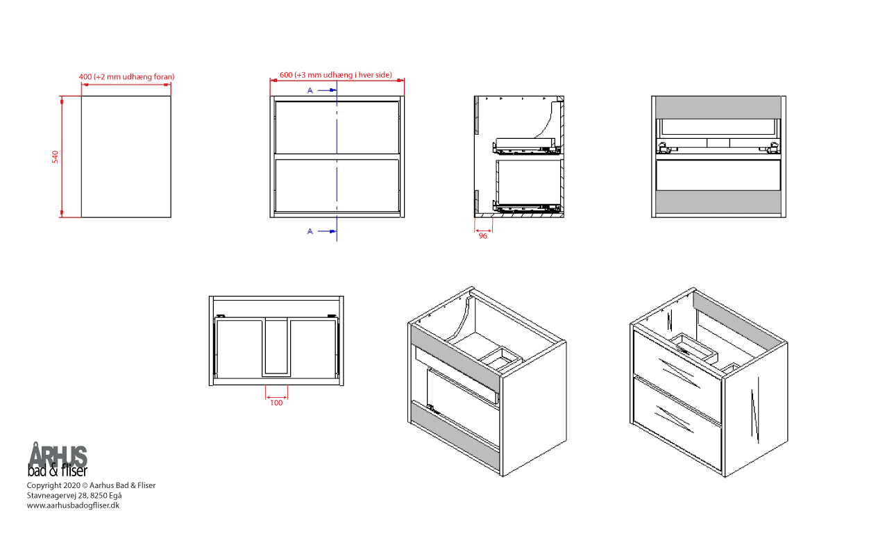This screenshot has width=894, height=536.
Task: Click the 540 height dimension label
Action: (x=55, y=157)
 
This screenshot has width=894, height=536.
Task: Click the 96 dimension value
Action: (x=483, y=236)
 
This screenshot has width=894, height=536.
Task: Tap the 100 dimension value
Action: (x=276, y=403)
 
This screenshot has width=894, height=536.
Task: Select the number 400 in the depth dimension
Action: (x=85, y=76)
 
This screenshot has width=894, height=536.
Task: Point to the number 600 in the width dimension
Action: (x=286, y=75)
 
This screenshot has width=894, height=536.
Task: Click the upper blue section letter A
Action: (x=310, y=90)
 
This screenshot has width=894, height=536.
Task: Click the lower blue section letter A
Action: (x=310, y=231)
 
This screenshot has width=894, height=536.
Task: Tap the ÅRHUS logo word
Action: (x=58, y=455)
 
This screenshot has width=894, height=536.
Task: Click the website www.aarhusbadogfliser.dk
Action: (x=73, y=505)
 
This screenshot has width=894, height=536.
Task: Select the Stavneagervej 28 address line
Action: (x=74, y=495)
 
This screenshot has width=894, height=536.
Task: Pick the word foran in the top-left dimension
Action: (x=162, y=76)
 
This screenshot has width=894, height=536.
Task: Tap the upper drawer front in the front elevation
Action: (x=337, y=127)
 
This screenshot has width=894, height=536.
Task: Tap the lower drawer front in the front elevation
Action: (x=337, y=185)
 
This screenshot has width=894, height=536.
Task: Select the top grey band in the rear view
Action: (x=718, y=108)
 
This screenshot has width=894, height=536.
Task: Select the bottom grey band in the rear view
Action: (x=718, y=202)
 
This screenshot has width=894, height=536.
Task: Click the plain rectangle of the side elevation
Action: (x=126, y=157)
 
